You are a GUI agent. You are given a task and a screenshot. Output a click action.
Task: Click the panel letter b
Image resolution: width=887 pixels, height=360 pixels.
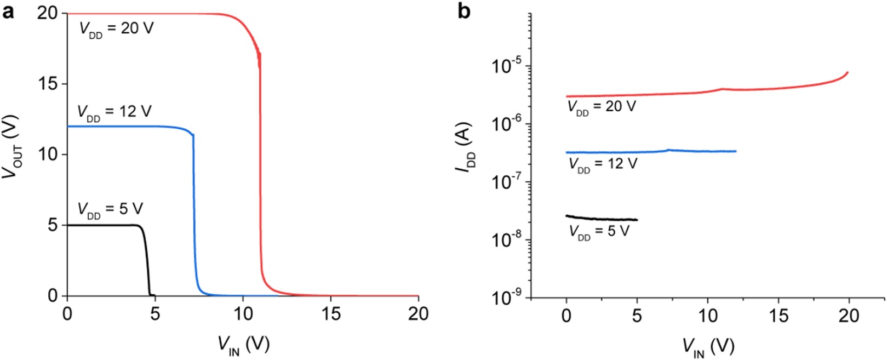464,12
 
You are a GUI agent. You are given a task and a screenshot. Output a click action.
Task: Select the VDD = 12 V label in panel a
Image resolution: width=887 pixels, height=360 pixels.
115,113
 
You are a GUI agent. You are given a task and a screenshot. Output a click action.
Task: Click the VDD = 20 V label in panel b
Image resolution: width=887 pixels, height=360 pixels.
601,107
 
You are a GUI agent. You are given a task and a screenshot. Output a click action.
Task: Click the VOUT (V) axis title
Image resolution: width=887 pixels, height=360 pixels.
12,147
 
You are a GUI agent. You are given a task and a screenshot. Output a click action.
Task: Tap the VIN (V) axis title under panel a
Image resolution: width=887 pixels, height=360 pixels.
243,345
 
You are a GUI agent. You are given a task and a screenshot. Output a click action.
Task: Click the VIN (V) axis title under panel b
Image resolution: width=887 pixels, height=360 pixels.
708,346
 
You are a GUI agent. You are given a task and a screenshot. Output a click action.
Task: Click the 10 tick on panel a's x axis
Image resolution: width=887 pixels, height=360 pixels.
243,313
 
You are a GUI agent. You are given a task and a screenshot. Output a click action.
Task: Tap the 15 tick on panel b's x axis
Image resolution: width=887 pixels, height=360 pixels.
779,315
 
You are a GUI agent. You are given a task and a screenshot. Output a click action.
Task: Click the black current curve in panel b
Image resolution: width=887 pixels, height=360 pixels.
603,218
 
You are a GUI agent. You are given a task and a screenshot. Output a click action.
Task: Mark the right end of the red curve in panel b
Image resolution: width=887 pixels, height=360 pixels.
848,72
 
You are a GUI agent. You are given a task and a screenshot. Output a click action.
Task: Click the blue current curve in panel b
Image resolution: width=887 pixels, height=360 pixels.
646,151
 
